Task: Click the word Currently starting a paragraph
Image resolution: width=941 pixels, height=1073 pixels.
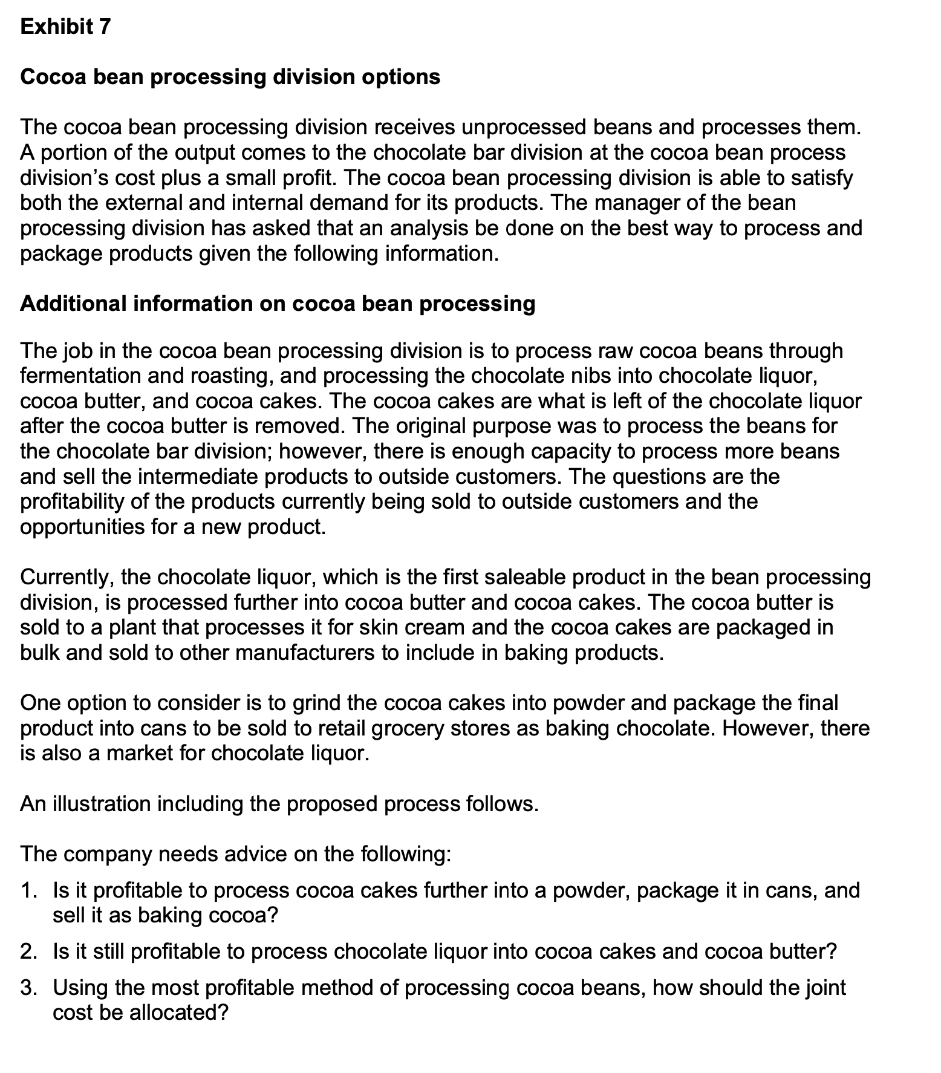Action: (64, 578)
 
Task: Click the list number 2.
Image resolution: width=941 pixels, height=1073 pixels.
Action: (28, 952)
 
